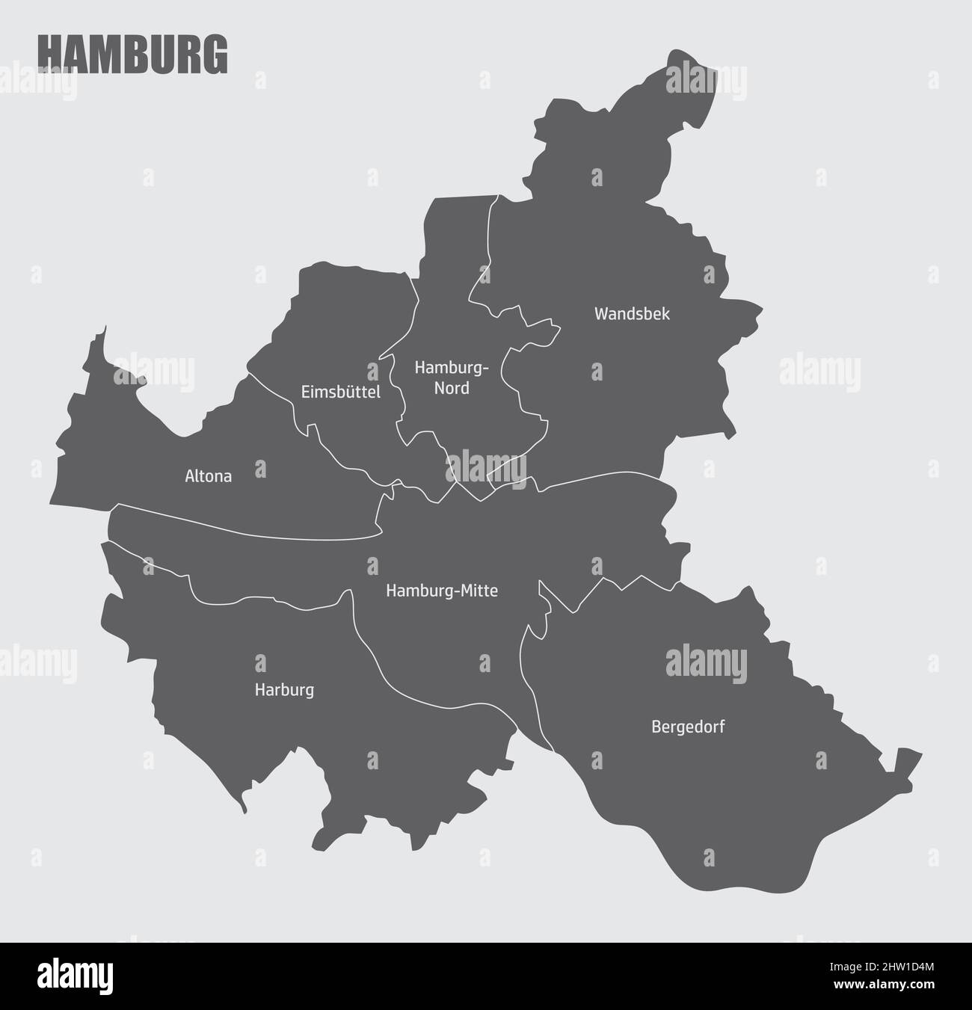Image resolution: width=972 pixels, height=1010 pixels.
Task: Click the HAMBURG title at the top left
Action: coord(132,54)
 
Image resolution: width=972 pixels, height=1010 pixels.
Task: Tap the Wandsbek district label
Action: coord(632,314)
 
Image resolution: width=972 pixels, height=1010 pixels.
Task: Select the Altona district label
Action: coord(208,476)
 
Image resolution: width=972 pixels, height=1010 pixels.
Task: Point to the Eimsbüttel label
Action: coord(340,392)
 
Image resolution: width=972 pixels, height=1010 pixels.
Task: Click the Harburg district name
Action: coord(284,690)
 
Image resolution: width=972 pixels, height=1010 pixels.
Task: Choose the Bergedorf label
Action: coord(688,726)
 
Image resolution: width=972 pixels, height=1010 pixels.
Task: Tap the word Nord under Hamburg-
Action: coord(452,388)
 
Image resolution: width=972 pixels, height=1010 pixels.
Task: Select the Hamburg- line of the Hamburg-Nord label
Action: coord(452,368)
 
